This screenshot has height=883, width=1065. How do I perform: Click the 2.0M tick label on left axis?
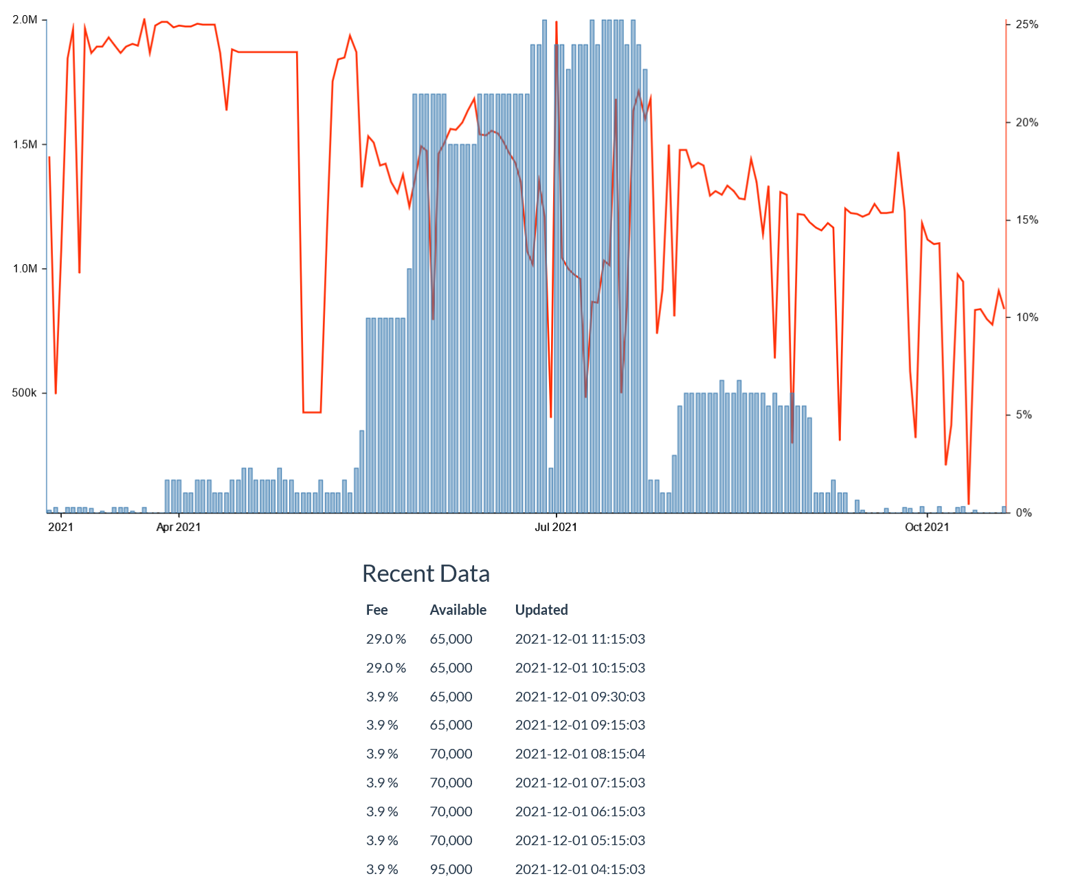pyautogui.click(x=25, y=20)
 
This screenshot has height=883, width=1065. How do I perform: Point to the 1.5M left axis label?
pyautogui.click(x=25, y=144)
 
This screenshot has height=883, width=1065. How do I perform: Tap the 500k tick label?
pyautogui.click(x=25, y=393)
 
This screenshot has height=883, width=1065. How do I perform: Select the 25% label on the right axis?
pyautogui.click(x=1027, y=25)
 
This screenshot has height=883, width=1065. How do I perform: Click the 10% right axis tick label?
pyautogui.click(x=1027, y=318)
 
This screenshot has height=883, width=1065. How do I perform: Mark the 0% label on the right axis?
pyautogui.click(x=1024, y=513)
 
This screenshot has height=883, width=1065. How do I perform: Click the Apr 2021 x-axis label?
pyautogui.click(x=179, y=527)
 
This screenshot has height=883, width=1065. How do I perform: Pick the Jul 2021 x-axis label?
pyautogui.click(x=556, y=527)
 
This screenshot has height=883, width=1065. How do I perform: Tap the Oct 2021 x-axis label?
pyautogui.click(x=927, y=527)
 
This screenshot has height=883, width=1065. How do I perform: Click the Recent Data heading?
pyautogui.click(x=426, y=574)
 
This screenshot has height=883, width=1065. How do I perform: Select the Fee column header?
pyautogui.click(x=377, y=610)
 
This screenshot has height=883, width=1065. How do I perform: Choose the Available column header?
pyautogui.click(x=458, y=610)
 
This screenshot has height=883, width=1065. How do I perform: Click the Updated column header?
pyautogui.click(x=541, y=610)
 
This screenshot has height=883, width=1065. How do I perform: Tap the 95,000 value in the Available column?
pyautogui.click(x=451, y=869)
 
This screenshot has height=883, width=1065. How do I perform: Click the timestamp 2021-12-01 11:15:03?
pyautogui.click(x=580, y=639)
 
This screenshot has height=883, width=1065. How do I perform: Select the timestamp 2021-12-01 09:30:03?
pyautogui.click(x=580, y=697)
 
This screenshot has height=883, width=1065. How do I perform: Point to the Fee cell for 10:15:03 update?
pyautogui.click(x=385, y=668)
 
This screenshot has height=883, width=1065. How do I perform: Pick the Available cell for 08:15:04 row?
pyautogui.click(x=451, y=754)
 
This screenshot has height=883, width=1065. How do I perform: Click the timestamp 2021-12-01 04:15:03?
pyautogui.click(x=580, y=869)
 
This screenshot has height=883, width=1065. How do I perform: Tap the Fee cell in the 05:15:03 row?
pyautogui.click(x=382, y=840)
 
